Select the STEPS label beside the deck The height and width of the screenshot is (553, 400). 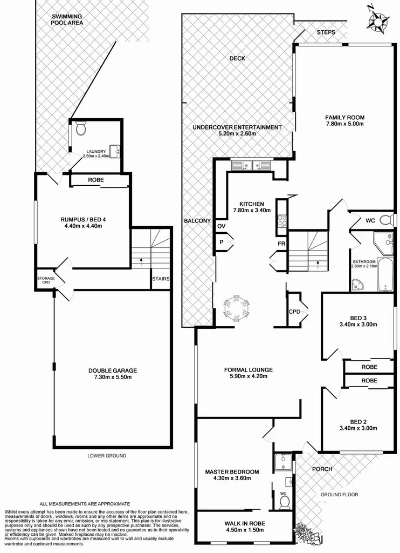pyautogui.click(x=326, y=32)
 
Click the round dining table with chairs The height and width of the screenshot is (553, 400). pyautogui.click(x=237, y=308)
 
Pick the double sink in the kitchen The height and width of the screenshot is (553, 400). pyautogui.click(x=251, y=165)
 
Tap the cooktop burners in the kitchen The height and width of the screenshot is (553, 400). pyautogui.click(x=282, y=219)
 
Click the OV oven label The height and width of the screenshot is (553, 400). pyautogui.click(x=221, y=226)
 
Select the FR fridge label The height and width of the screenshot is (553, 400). pyautogui.click(x=281, y=244)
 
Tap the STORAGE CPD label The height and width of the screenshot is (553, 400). pyautogui.click(x=45, y=280)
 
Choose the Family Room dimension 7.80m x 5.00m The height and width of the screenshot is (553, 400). pyautogui.click(x=344, y=124)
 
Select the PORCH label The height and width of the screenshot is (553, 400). pyautogui.click(x=322, y=469)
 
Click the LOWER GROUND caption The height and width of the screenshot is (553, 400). pyautogui.click(x=106, y=456)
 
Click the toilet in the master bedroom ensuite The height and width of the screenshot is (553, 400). pyautogui.click(x=284, y=503)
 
